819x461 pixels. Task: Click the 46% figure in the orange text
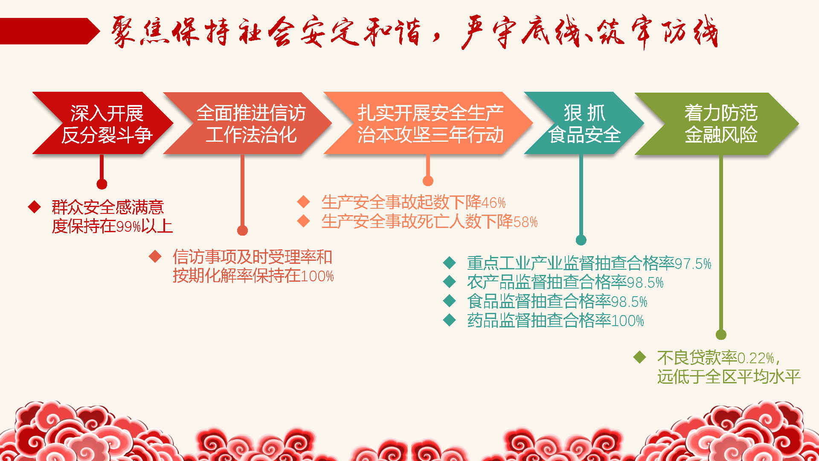[x=494, y=202]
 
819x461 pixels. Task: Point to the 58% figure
[x=526, y=222]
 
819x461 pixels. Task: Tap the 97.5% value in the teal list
[x=693, y=264]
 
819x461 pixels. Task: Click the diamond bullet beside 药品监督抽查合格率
[x=450, y=320]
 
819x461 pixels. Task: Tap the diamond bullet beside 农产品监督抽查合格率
[x=450, y=282]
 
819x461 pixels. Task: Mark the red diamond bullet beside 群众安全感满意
[x=34, y=207]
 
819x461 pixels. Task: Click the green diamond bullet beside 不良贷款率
[x=639, y=357]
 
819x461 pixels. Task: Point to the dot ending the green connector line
[x=721, y=335]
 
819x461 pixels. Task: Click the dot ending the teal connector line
[x=581, y=240]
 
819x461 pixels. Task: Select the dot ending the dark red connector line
[x=102, y=184]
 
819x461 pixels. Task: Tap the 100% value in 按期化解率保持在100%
[x=317, y=276]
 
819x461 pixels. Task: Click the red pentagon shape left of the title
[x=49, y=31]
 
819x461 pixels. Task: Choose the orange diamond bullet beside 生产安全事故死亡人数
[x=303, y=221]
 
